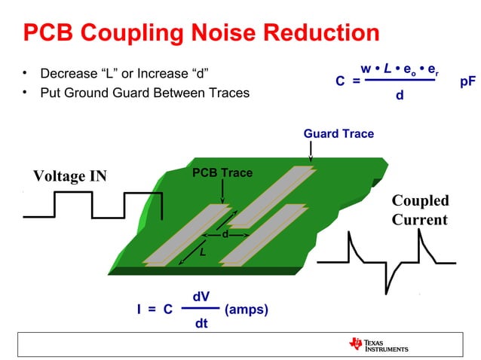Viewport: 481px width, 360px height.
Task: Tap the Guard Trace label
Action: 339,133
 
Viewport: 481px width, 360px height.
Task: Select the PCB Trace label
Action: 222,173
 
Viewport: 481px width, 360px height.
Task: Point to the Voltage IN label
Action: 70,176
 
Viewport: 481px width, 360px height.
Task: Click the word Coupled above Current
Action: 420,200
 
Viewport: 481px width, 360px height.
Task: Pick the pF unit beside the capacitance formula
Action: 467,81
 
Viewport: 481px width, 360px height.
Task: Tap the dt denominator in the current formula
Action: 201,324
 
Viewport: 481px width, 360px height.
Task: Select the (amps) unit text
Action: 247,310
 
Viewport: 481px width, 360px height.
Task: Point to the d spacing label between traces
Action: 225,234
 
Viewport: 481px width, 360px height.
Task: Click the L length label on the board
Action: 201,252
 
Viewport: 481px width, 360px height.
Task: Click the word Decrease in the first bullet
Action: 67,74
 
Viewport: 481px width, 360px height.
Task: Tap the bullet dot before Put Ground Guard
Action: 25,93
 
